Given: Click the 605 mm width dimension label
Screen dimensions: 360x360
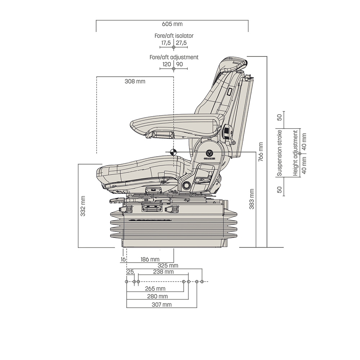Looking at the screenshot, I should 172,24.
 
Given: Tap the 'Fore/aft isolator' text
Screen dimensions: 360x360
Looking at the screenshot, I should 174,36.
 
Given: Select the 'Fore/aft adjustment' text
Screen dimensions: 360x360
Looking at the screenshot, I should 174,57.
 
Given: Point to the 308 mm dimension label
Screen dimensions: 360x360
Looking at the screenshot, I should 135,81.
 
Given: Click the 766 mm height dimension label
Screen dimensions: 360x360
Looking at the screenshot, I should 261,151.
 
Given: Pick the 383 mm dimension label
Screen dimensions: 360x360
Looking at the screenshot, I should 252,199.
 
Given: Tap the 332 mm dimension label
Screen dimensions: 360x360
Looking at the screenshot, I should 83,206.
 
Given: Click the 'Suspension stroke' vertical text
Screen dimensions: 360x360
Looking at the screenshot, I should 279,153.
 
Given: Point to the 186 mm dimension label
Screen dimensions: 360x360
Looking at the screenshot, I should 150,259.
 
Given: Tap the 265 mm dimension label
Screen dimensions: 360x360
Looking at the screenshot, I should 156,288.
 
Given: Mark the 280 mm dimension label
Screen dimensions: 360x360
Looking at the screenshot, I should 158,296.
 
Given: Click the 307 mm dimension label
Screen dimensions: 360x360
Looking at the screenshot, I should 161,305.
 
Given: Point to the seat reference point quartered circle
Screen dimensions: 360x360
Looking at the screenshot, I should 173,152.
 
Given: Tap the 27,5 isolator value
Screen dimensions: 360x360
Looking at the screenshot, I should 181,43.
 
